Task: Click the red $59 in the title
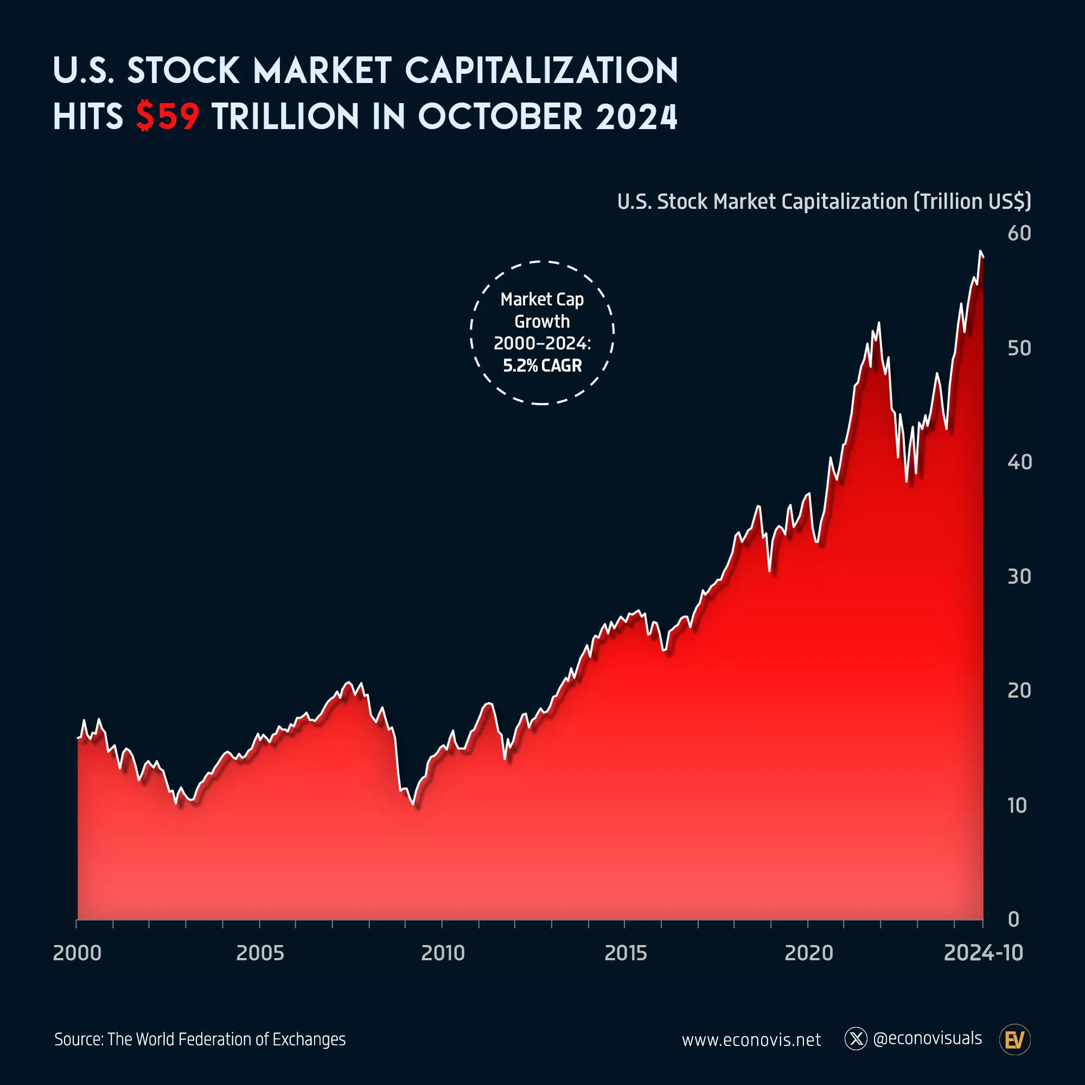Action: click(x=167, y=117)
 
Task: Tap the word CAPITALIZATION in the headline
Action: click(x=541, y=71)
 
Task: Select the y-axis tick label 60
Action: click(x=1019, y=233)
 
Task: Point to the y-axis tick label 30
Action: click(x=1019, y=576)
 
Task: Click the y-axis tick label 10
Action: click(x=1017, y=805)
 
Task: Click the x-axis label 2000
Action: click(x=77, y=953)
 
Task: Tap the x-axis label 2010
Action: click(x=443, y=953)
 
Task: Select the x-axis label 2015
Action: click(x=625, y=953)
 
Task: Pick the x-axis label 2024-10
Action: click(x=983, y=953)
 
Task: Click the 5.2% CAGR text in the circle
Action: click(x=542, y=366)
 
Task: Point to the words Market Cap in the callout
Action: click(x=542, y=299)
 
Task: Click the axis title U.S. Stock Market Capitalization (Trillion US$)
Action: click(x=824, y=202)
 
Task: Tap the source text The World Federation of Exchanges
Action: click(x=226, y=1039)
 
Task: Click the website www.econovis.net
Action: click(x=751, y=1040)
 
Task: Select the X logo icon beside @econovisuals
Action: click(x=856, y=1039)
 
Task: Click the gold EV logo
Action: click(x=1015, y=1039)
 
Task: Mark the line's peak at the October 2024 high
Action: click(x=980, y=252)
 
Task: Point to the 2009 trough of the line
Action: click(x=413, y=804)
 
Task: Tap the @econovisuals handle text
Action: click(x=927, y=1038)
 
